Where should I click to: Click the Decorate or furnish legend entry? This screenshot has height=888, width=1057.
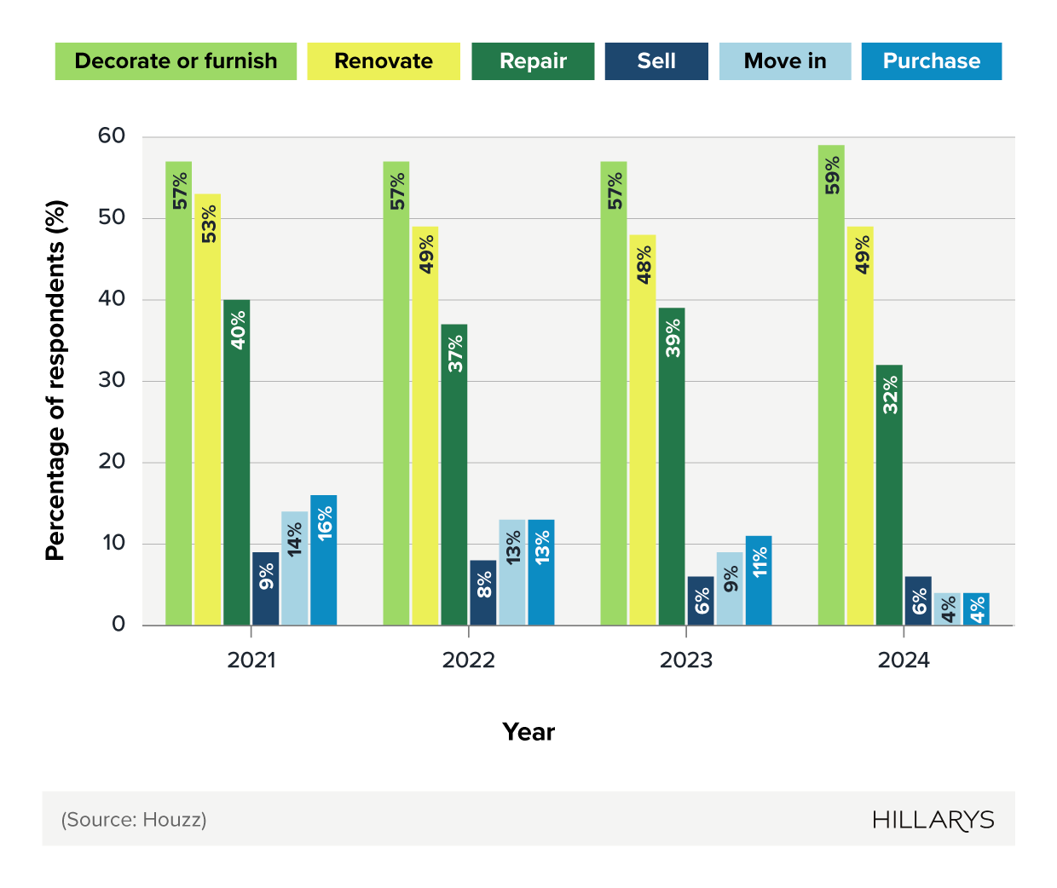pyautogui.click(x=176, y=61)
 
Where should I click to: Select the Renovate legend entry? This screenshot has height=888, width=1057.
pyautogui.click(x=383, y=61)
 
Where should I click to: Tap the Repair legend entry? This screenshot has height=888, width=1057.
pyautogui.click(x=533, y=61)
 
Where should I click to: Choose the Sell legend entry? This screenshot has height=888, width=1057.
pyautogui.click(x=656, y=61)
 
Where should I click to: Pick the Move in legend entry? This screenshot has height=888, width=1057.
pyautogui.click(x=785, y=61)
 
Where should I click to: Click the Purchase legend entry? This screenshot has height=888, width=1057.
pyautogui.click(x=931, y=61)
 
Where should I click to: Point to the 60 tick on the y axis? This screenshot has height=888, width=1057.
pyautogui.click(x=112, y=136)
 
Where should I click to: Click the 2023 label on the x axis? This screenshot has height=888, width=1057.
pyautogui.click(x=686, y=660)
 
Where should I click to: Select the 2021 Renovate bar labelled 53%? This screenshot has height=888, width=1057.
pyautogui.click(x=208, y=409)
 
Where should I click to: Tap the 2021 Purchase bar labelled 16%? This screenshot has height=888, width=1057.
pyautogui.click(x=324, y=560)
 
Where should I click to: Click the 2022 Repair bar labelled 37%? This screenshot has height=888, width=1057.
pyautogui.click(x=454, y=475)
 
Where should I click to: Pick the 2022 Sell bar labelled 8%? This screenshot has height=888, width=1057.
pyautogui.click(x=483, y=593)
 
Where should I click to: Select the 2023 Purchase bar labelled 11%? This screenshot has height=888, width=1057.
pyautogui.click(x=759, y=580)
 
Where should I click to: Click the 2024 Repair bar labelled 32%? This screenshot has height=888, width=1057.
pyautogui.click(x=889, y=495)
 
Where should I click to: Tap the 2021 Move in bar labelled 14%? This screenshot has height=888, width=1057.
pyautogui.click(x=295, y=568)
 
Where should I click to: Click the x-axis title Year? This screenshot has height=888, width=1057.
pyautogui.click(x=528, y=732)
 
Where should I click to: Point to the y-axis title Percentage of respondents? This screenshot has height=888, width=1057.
pyautogui.click(x=55, y=380)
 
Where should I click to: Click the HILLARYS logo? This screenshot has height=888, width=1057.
pyautogui.click(x=933, y=820)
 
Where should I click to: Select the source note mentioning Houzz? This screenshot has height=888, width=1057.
pyautogui.click(x=134, y=820)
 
